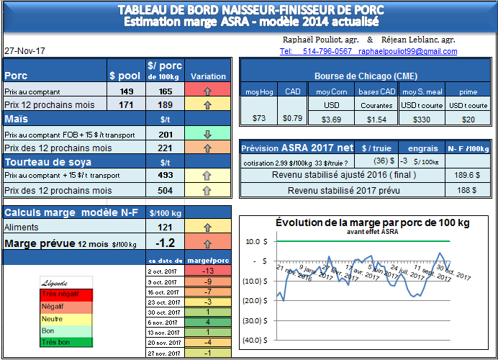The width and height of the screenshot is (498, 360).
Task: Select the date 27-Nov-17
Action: pyautogui.click(x=24, y=52)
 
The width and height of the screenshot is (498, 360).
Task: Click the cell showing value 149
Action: pyautogui.click(x=127, y=91)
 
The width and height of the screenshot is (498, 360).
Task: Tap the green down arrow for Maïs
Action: pyautogui.click(x=207, y=134)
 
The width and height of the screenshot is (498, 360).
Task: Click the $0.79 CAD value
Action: pyautogui.click(x=292, y=118)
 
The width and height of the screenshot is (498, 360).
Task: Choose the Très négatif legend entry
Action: pyautogui.click(x=59, y=294)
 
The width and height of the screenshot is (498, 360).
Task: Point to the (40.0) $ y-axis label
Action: pyautogui.click(x=256, y=340)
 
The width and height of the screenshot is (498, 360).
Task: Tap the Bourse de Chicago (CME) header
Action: pyautogui.click(x=366, y=76)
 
